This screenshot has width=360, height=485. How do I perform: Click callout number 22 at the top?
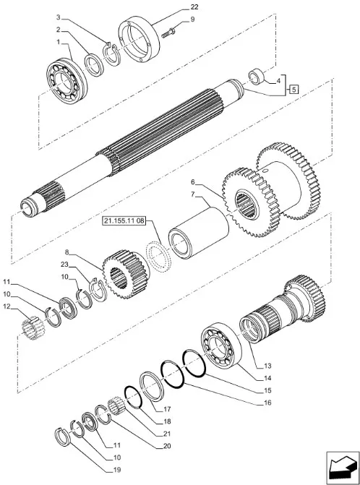pos(194,7)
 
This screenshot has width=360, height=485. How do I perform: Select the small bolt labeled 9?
pos(168,33)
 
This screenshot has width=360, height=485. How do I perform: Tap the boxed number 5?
pos(294,90)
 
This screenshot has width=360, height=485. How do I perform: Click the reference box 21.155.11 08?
pos(124,221)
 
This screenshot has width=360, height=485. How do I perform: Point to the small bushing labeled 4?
pos(257,77)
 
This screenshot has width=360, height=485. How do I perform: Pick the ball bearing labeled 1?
pos(67,81)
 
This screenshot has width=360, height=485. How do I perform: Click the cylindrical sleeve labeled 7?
pos(198,233)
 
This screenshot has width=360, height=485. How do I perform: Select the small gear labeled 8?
pos(126,274)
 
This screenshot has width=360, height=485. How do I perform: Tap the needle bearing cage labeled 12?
pos(33,329)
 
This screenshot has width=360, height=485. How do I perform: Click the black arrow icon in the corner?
pos(342,467)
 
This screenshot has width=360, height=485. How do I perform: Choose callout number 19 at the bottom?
pos(117,470)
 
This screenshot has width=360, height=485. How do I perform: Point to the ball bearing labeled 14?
pos(220,344)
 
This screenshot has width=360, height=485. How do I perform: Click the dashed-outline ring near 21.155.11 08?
pos(158,256)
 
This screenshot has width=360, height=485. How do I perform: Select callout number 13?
pos(267,366)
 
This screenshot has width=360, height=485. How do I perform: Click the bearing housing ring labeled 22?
pos(140,39)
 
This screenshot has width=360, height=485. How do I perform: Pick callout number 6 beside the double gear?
pos(193,182)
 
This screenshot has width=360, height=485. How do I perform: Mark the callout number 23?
pos(64,265)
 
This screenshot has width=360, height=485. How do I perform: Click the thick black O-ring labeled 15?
pos(194,364)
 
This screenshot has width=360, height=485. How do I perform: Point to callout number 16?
pos(267,403)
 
